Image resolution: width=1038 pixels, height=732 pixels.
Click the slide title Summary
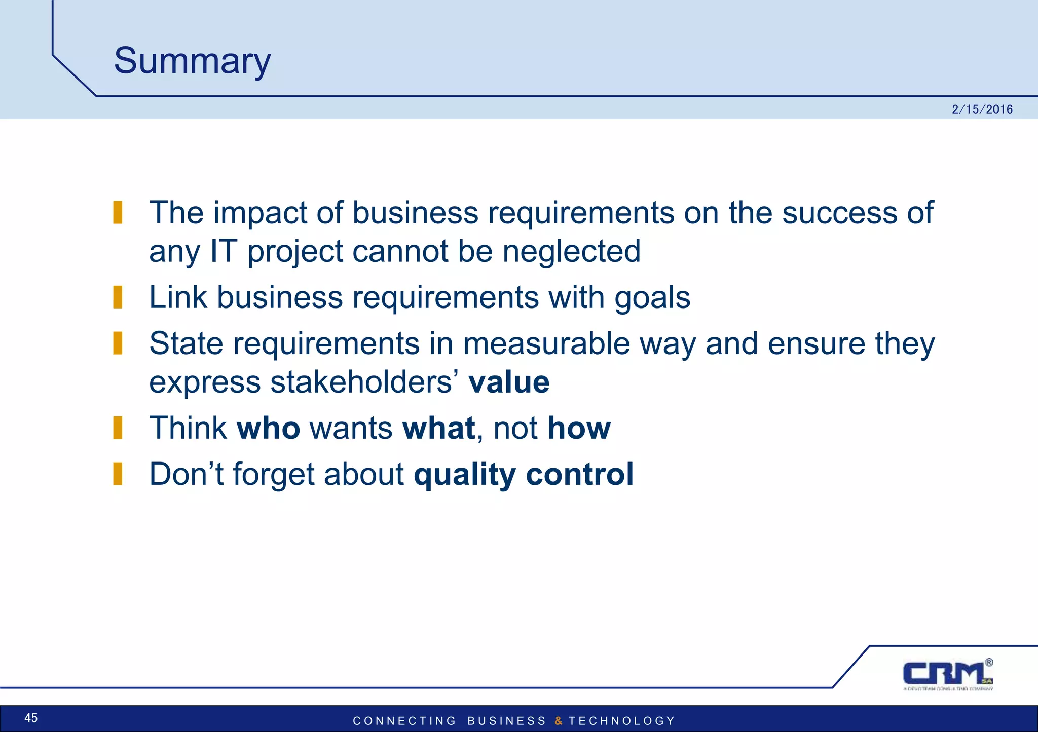pos(192,61)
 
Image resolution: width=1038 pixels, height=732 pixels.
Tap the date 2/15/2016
pos(982,109)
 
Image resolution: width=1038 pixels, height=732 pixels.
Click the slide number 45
pos(31,718)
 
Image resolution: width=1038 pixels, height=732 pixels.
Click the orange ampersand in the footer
pos(558,721)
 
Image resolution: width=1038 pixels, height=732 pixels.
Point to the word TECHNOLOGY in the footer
pos(622,721)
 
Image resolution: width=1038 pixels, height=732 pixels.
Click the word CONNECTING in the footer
pos(404,721)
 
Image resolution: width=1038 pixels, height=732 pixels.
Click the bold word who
pos(268,428)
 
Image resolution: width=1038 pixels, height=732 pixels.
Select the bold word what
pos(438,428)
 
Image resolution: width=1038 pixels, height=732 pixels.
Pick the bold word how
pos(579,428)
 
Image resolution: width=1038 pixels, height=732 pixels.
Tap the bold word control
pos(580,475)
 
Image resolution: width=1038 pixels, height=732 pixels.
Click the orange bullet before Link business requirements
pos(118,297)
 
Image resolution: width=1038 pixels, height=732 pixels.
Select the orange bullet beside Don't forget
pos(118,474)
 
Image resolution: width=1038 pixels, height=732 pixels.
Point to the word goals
pos(652,298)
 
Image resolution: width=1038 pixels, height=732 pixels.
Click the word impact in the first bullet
pos(260,213)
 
